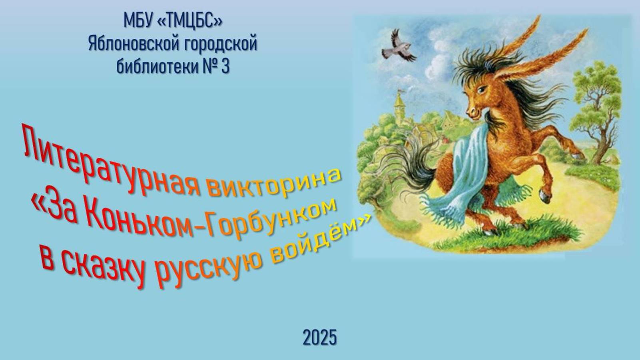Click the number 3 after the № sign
click(225, 66)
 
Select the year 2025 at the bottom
click(319, 338)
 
